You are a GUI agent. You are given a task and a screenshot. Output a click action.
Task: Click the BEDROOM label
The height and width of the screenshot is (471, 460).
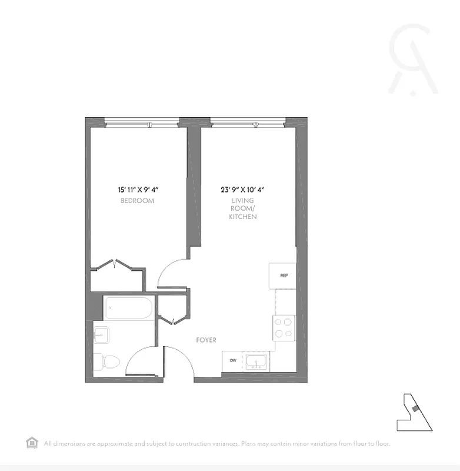(x=137, y=201)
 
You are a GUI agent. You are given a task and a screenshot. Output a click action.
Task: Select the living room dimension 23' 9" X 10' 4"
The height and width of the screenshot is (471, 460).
(x=243, y=190)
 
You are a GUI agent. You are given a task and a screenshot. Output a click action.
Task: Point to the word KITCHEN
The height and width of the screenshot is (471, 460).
(x=243, y=217)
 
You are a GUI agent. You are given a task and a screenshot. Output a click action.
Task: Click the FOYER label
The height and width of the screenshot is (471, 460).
(x=206, y=340)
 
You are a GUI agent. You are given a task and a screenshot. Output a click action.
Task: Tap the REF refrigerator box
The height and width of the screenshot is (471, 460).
(x=283, y=276)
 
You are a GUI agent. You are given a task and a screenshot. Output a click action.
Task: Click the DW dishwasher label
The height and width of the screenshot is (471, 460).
(x=233, y=360)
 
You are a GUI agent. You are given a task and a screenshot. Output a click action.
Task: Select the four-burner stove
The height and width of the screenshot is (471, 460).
(x=284, y=327)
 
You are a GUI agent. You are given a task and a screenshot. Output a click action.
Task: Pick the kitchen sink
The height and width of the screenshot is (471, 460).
(x=256, y=360)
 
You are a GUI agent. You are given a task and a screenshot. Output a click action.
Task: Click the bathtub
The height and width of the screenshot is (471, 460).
(x=129, y=308)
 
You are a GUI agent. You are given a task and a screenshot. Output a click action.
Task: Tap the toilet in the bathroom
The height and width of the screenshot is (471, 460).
(x=107, y=361)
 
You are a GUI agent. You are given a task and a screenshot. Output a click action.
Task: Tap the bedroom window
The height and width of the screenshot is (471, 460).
(x=141, y=123)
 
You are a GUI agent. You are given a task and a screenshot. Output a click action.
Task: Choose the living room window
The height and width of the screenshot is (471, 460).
(x=248, y=123)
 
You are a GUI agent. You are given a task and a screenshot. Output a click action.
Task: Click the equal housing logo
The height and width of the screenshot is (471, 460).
(x=32, y=443)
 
